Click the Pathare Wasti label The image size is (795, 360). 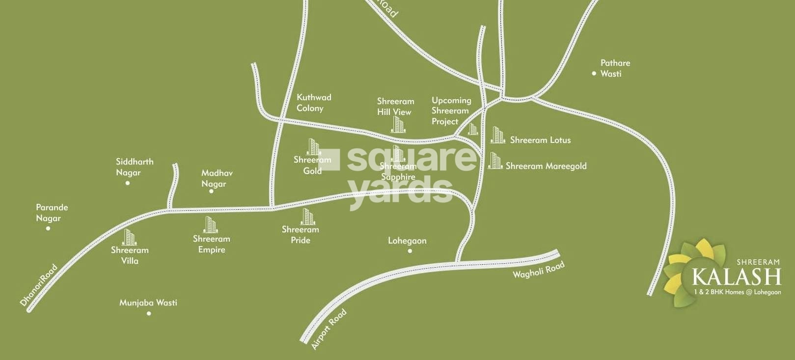pyautogui.click(x=615, y=68)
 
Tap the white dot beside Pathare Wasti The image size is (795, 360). pyautogui.click(x=594, y=74)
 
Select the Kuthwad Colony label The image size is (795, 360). pyautogui.click(x=313, y=103)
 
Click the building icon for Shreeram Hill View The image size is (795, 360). pyautogui.click(x=398, y=125)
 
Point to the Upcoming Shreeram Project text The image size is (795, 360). pyautogui.click(x=451, y=111)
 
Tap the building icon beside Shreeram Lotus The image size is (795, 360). pyautogui.click(x=497, y=135)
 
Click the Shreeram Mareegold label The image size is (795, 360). pyautogui.click(x=546, y=166)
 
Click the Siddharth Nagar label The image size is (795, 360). pyautogui.click(x=134, y=167)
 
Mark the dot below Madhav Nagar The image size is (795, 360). pyautogui.click(x=212, y=191)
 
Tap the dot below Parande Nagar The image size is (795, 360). pyautogui.click(x=48, y=228)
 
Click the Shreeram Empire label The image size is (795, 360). pyautogui.click(x=211, y=244)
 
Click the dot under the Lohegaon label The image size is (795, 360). pyautogui.click(x=410, y=251)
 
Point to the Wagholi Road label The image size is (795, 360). pyautogui.click(x=538, y=270)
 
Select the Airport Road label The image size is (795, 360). pyautogui.click(x=329, y=329)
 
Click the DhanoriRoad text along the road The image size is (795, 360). pyautogui.click(x=39, y=286)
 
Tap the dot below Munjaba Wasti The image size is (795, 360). pyautogui.click(x=149, y=313)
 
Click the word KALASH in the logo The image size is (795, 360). pyautogui.click(x=736, y=277)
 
